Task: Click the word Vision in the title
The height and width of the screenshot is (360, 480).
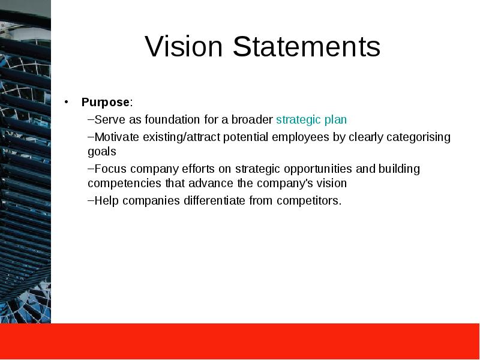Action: [184, 47]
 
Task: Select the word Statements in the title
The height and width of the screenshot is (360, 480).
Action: [307, 47]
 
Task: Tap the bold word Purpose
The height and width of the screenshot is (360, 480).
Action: [106, 103]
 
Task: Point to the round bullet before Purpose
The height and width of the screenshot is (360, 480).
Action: [67, 102]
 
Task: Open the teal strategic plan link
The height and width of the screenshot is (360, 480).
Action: [311, 120]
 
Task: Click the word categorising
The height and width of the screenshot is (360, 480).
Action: [418, 137]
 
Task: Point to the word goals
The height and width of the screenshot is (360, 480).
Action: [102, 152]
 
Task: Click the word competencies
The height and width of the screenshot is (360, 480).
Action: [125, 184]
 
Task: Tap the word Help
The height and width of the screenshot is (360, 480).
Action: [107, 201]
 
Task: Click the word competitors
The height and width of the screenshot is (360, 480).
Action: [309, 201]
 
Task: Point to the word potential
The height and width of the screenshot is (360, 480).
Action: [246, 137]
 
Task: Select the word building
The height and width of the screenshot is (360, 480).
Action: [399, 169]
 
